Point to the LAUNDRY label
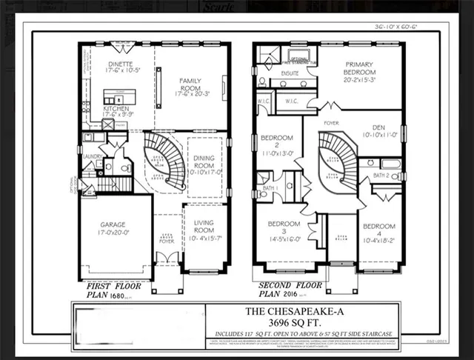pyautogui.click(x=92, y=156)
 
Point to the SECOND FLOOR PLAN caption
pyautogui.click(x=290, y=288)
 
